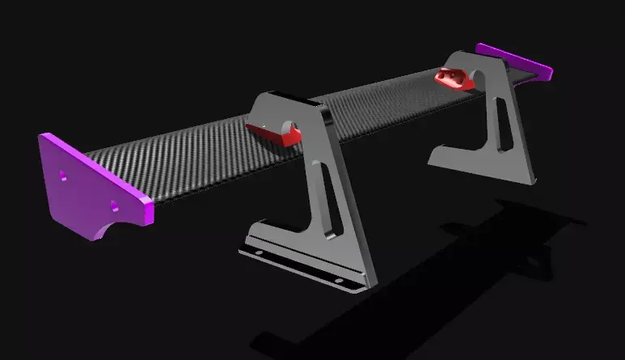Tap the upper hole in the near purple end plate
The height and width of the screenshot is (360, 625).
click(x=62, y=173)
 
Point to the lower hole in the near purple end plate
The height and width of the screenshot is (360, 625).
click(x=116, y=205)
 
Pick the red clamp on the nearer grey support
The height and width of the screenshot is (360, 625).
click(x=273, y=132)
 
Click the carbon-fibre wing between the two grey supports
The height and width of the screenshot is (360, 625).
click(x=380, y=105)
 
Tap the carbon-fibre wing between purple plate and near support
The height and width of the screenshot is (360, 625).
click(x=186, y=154)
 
